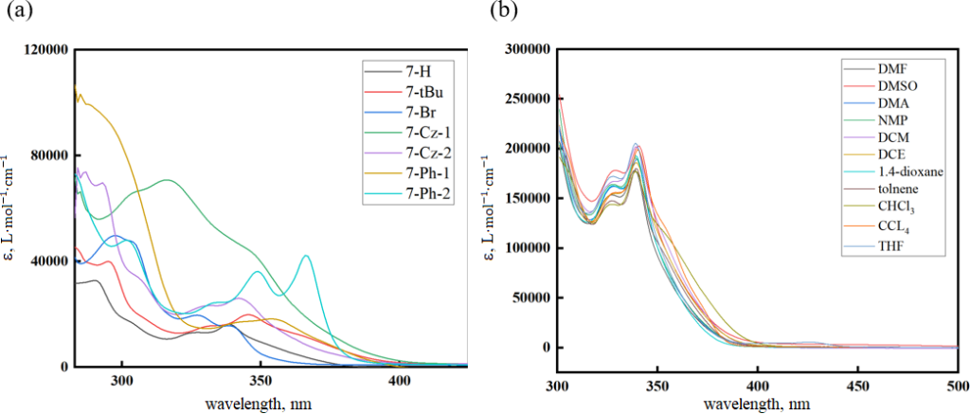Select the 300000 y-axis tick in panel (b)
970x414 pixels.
[x=526, y=49]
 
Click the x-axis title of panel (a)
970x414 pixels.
[x=258, y=404]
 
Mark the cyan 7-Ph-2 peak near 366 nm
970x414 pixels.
[x=306, y=256]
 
